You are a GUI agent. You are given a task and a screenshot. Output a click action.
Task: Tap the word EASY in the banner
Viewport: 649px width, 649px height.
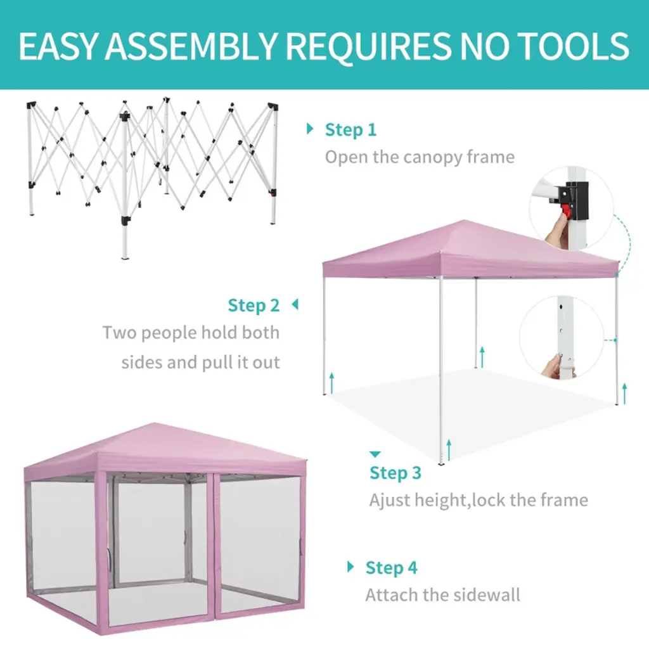(57, 46)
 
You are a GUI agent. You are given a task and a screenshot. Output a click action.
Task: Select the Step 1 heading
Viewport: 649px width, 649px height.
(350, 129)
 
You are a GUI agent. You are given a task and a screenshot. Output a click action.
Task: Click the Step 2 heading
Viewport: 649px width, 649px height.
(254, 305)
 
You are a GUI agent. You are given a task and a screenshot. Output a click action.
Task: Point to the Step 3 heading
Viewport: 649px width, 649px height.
(395, 473)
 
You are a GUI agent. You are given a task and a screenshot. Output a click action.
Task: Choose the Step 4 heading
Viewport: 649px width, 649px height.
(391, 567)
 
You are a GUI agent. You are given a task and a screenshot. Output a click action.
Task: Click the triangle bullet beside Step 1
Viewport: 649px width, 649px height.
(309, 128)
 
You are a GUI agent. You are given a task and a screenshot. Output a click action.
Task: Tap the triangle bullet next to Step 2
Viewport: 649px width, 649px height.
(295, 304)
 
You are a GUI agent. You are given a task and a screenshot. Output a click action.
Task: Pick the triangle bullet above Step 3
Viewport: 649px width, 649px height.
(375, 454)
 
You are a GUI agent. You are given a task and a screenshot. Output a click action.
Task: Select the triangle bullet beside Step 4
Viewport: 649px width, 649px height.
(350, 567)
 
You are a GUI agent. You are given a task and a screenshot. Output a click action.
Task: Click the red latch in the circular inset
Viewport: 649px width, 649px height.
(565, 211)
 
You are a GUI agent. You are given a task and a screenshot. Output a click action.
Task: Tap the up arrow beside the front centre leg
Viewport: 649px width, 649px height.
(449, 450)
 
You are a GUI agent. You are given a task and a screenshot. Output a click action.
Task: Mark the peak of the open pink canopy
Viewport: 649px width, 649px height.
(465, 221)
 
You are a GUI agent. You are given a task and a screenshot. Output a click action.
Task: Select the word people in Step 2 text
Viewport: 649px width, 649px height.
(169, 333)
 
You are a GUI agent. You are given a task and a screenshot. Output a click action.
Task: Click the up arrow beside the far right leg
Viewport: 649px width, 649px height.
(624, 394)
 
